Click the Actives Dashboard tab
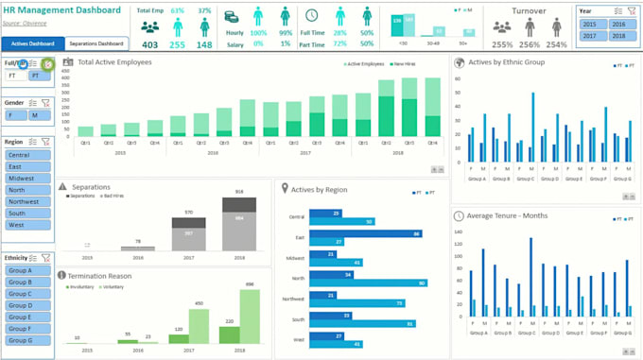click(x=33, y=43)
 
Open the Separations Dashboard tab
click(x=96, y=43)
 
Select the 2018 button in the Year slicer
click(x=617, y=36)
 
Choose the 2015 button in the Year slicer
click(x=590, y=25)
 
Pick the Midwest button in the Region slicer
click(x=27, y=178)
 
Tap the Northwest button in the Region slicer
click(x=27, y=201)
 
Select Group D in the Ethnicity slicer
click(x=27, y=305)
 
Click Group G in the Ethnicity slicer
click(x=27, y=340)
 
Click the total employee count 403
click(x=149, y=44)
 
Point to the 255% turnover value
click(x=502, y=44)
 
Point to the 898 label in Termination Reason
click(x=250, y=284)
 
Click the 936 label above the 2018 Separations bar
click(x=239, y=192)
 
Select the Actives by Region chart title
click(x=319, y=189)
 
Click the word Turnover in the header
click(x=529, y=10)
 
